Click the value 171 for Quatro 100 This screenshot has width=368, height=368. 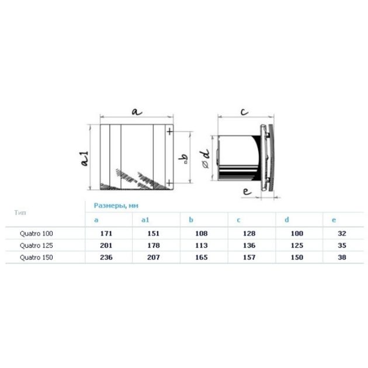106,234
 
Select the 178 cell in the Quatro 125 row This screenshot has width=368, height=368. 154,245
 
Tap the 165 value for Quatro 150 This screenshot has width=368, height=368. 202,258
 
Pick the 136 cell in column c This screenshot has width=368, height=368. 249,245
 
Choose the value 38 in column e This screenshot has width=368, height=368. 342,258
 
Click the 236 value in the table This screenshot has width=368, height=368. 106,258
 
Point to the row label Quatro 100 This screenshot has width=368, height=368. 36,234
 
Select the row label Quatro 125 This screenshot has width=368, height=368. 36,245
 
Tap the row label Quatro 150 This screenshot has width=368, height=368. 36,258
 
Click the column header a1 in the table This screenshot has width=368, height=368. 145,220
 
